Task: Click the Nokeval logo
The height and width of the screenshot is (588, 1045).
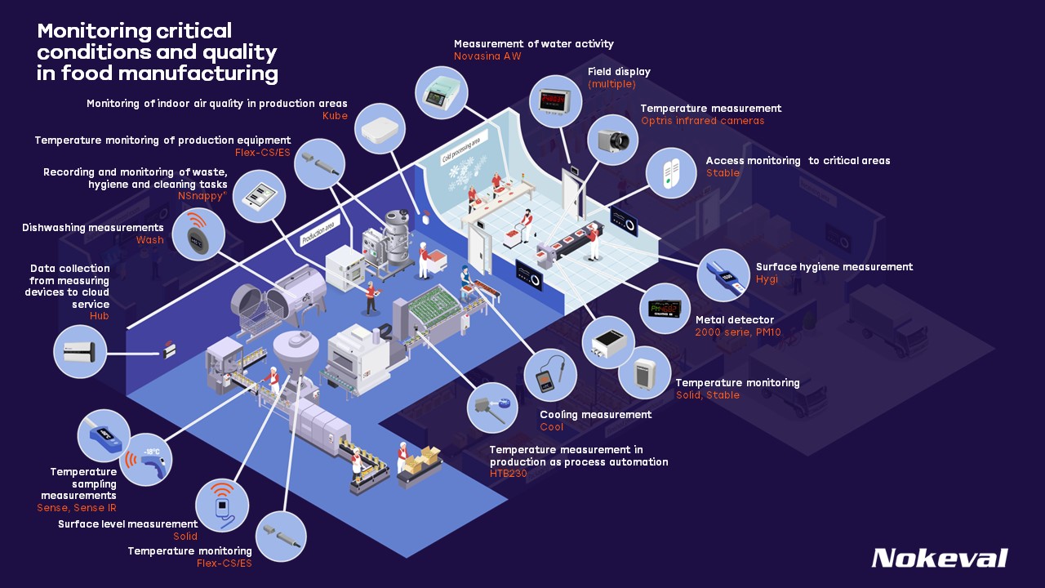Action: (x=939, y=558)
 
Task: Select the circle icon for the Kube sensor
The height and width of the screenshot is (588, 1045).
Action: (x=381, y=129)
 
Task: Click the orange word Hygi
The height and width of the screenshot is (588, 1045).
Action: (x=767, y=279)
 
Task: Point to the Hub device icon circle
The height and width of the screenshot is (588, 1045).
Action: (x=80, y=352)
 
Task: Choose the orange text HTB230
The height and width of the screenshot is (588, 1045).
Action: (x=509, y=474)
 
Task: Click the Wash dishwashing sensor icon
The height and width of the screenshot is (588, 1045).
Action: (x=198, y=234)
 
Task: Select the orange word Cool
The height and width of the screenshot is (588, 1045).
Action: (x=552, y=427)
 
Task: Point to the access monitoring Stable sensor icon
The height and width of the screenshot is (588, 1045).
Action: (x=670, y=172)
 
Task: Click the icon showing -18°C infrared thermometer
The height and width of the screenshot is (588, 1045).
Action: (x=155, y=459)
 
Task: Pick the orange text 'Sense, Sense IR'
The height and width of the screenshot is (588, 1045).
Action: (x=77, y=508)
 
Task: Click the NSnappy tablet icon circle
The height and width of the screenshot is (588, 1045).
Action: (x=259, y=197)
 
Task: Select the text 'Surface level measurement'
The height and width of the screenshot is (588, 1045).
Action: (x=127, y=523)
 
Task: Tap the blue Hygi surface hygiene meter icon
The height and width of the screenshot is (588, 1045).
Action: (x=723, y=276)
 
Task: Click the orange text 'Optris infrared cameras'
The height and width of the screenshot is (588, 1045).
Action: (x=702, y=121)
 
